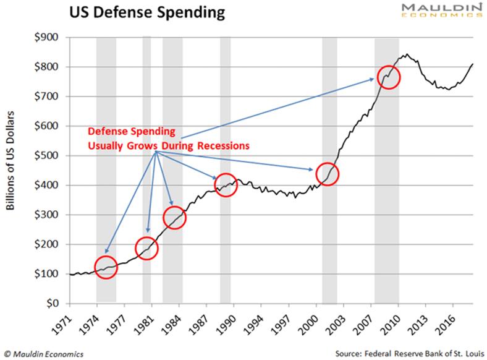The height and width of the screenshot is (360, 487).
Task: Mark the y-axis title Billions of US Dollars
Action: coord(12,170)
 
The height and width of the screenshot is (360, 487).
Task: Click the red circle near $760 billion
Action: coord(389,77)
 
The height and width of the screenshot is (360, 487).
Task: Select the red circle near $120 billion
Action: coord(106,267)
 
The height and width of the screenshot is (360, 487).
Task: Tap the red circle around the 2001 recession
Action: coord(328,174)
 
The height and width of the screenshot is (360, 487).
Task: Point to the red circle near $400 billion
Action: coord(226,185)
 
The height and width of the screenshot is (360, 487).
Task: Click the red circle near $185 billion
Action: coord(147,249)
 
